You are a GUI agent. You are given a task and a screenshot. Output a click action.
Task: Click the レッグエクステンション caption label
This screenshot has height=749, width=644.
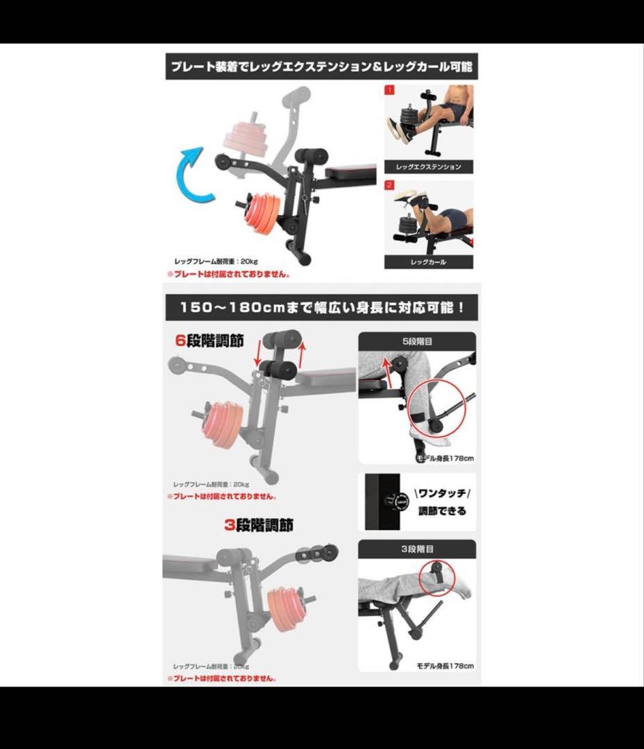pyautogui.click(x=428, y=167)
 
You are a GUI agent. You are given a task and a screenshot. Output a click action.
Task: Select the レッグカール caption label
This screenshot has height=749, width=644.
pyautogui.click(x=428, y=262)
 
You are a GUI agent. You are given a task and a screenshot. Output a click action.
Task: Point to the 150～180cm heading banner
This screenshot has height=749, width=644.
pyautogui.click(x=322, y=307)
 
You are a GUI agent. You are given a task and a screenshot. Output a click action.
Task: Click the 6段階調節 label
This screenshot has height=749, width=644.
pyautogui.click(x=209, y=341)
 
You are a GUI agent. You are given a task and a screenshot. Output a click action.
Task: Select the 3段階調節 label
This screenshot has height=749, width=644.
pyautogui.click(x=258, y=526)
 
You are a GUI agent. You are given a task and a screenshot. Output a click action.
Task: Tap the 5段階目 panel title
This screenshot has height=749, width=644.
pyautogui.click(x=416, y=341)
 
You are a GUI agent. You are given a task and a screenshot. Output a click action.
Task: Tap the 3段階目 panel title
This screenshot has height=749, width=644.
pyautogui.click(x=416, y=549)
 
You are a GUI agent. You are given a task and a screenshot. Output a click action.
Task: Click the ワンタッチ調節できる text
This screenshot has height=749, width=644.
pyautogui.click(x=442, y=502)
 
